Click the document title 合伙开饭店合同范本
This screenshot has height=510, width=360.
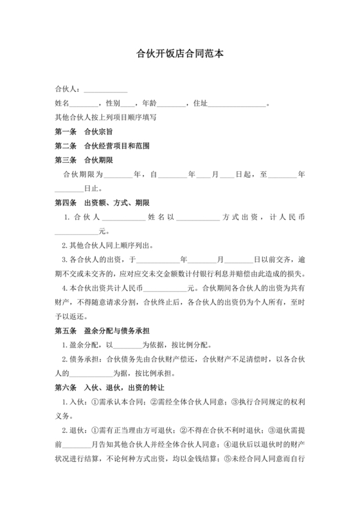pyautogui.click(x=180, y=55)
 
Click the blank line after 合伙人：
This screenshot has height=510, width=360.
pyautogui.click(x=105, y=89)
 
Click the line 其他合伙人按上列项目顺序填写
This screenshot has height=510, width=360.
pyautogui.click(x=106, y=117)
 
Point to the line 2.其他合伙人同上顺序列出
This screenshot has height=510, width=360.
pyautogui.click(x=107, y=246)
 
